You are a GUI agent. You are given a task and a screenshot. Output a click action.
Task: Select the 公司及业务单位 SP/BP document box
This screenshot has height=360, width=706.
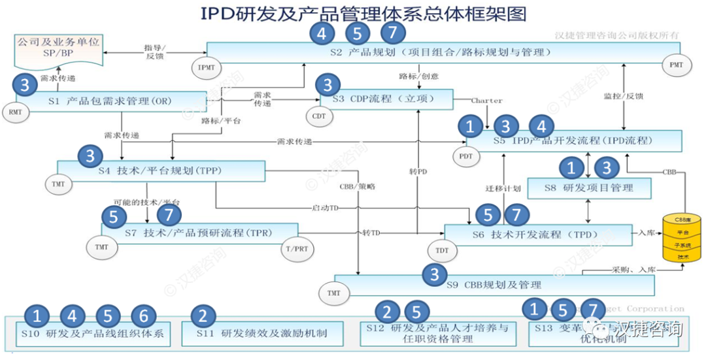click(59, 48)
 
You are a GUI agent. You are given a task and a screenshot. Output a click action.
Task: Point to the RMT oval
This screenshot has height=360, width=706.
click(14, 112)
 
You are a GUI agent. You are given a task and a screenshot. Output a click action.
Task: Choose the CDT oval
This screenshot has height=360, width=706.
click(319, 115)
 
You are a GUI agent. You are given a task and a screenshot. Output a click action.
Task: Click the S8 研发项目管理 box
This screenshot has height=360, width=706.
click(589, 188)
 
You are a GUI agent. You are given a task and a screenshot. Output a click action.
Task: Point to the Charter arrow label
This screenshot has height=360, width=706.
click(487, 101)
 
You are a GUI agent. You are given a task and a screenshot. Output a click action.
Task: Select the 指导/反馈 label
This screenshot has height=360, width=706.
click(156, 52)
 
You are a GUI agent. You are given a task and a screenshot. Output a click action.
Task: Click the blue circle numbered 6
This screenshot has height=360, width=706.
click(144, 316)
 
